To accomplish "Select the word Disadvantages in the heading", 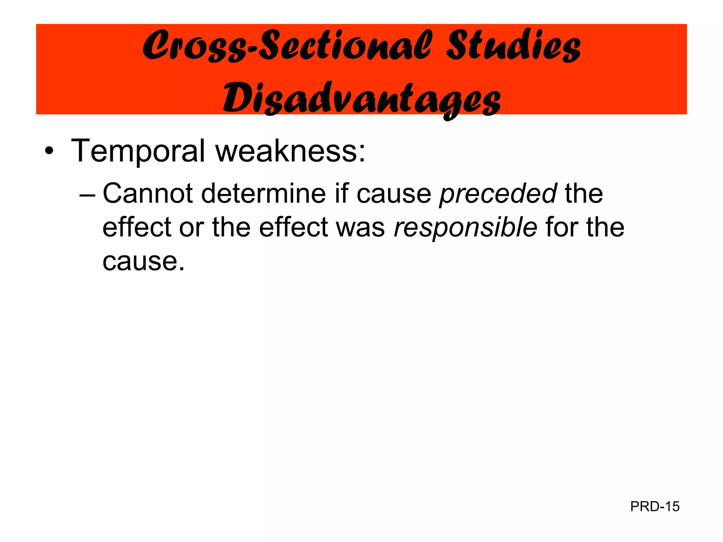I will click(x=361, y=99).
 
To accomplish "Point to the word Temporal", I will click(x=138, y=151).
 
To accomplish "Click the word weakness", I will click(x=290, y=151).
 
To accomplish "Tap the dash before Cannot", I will click(x=88, y=194).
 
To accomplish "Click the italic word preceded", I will click(x=498, y=194).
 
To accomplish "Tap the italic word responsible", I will click(x=465, y=228).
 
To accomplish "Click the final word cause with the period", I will click(x=143, y=261).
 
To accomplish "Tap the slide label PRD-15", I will click(x=655, y=507).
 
